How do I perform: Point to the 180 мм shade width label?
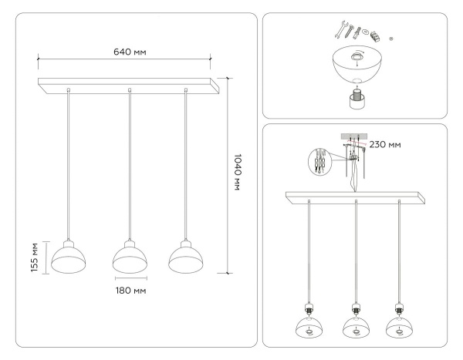click(130, 290)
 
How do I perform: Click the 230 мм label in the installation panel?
click(384, 143)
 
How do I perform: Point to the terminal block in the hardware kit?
click(377, 35)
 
